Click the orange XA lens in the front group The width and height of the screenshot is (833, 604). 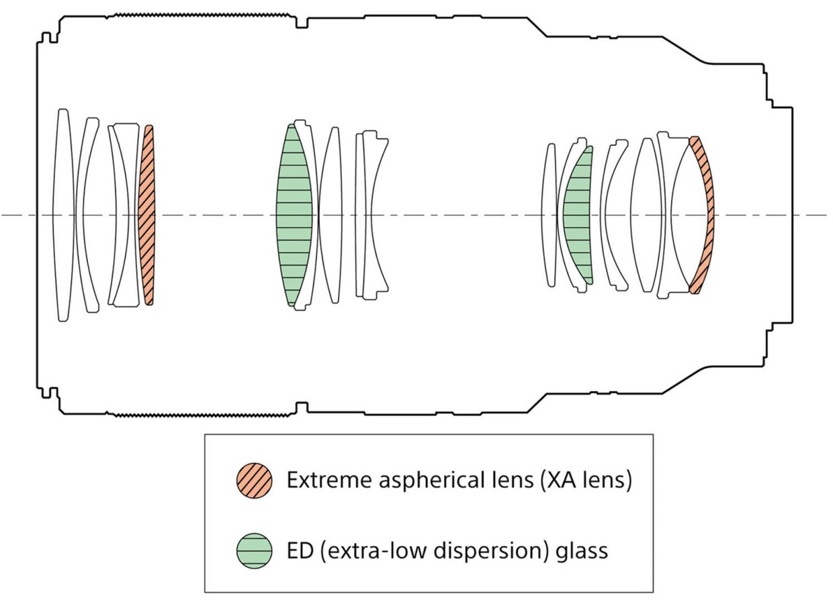click(146, 215)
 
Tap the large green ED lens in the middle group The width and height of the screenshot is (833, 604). click(294, 215)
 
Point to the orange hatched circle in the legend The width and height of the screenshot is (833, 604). click(254, 480)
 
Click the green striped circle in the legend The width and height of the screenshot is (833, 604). click(254, 551)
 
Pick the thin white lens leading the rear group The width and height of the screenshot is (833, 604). click(549, 215)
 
